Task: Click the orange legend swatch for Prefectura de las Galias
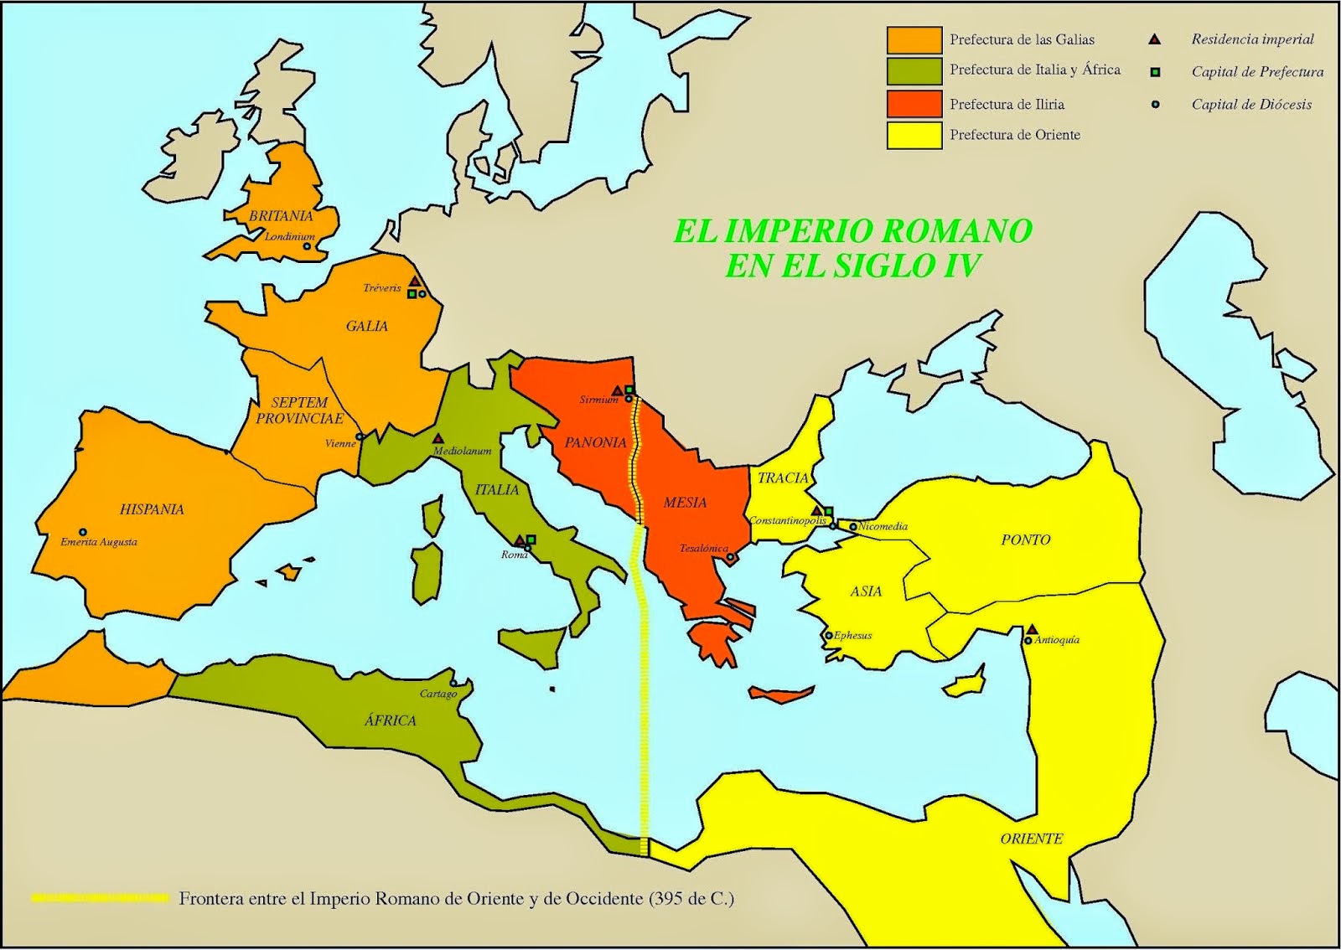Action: point(914,39)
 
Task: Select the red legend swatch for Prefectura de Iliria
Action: point(914,104)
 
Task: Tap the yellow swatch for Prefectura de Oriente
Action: point(914,135)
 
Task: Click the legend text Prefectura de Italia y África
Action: point(1034,70)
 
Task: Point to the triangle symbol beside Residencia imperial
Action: point(1155,39)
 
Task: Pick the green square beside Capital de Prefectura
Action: point(1155,72)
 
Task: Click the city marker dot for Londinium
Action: point(307,246)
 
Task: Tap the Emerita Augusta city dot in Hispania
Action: point(83,532)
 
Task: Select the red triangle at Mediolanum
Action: point(438,438)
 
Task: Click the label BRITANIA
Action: point(281,216)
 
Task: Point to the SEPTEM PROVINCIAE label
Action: point(299,410)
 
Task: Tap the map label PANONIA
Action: point(595,442)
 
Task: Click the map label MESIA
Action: point(685,503)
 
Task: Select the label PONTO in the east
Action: point(1025,540)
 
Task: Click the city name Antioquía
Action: point(1057,640)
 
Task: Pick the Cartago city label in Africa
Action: point(438,694)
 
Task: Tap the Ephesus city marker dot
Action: point(829,635)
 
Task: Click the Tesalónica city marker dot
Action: point(730,557)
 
